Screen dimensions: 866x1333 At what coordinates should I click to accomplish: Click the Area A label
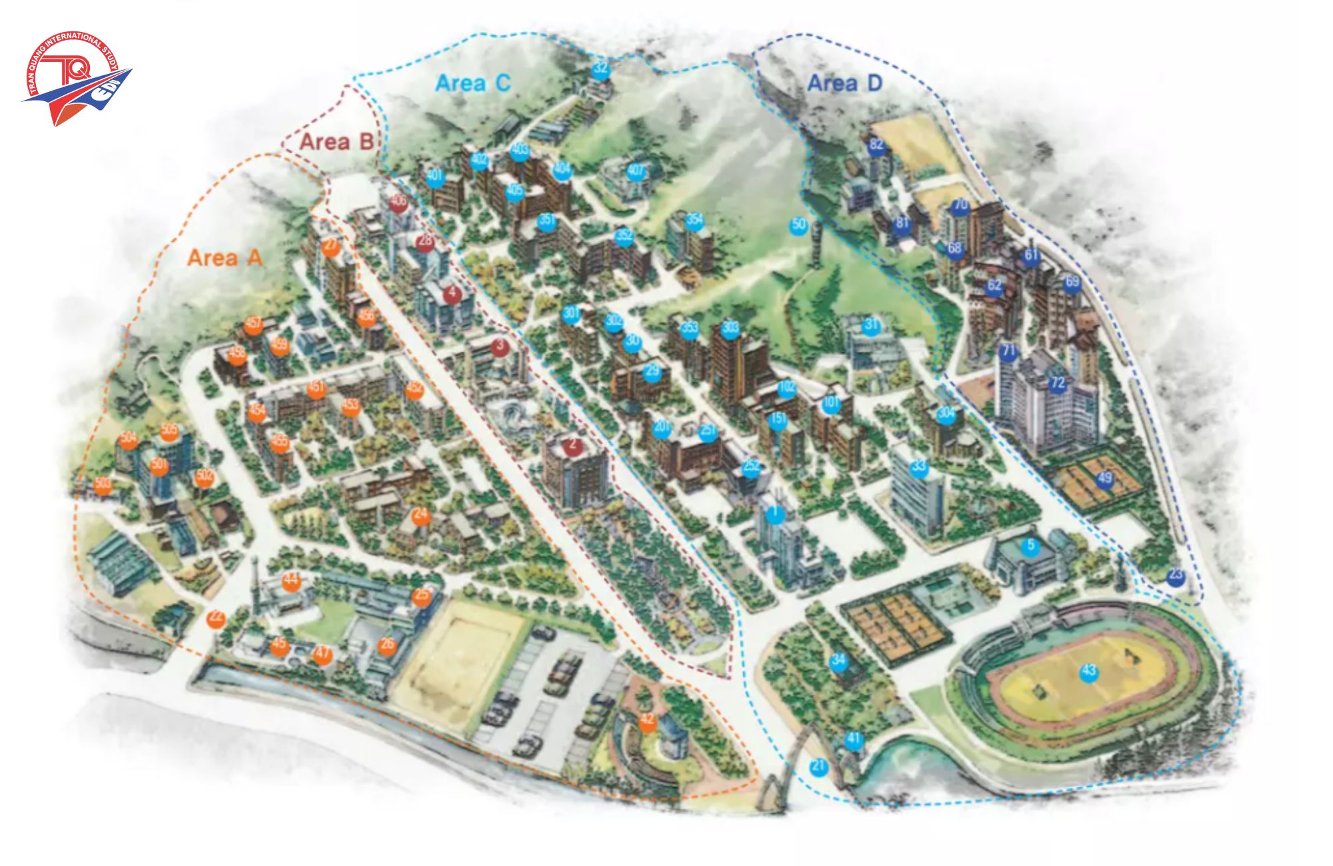(225, 257)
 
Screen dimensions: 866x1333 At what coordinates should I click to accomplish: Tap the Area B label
(335, 141)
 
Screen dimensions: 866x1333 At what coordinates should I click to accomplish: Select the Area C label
(473, 83)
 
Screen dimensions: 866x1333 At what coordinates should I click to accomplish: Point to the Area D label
(844, 83)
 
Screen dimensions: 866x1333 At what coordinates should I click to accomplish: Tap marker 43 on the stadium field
(1088, 671)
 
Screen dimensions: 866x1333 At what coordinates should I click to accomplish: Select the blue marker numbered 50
(798, 224)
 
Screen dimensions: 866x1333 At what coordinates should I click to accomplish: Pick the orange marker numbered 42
(647, 721)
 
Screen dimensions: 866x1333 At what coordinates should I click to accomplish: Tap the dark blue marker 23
(1176, 576)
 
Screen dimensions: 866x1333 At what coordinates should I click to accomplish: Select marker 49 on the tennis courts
(1105, 478)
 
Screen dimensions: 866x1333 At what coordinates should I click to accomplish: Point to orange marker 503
(103, 485)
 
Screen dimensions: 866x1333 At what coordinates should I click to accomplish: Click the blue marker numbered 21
(818, 767)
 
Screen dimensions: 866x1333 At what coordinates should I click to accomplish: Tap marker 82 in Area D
(876, 145)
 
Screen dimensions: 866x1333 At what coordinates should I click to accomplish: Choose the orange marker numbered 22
(215, 618)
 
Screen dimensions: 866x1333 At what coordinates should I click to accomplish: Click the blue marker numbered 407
(636, 171)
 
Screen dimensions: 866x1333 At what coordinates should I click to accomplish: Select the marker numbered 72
(1058, 384)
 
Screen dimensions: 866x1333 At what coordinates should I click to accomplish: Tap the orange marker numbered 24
(420, 515)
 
